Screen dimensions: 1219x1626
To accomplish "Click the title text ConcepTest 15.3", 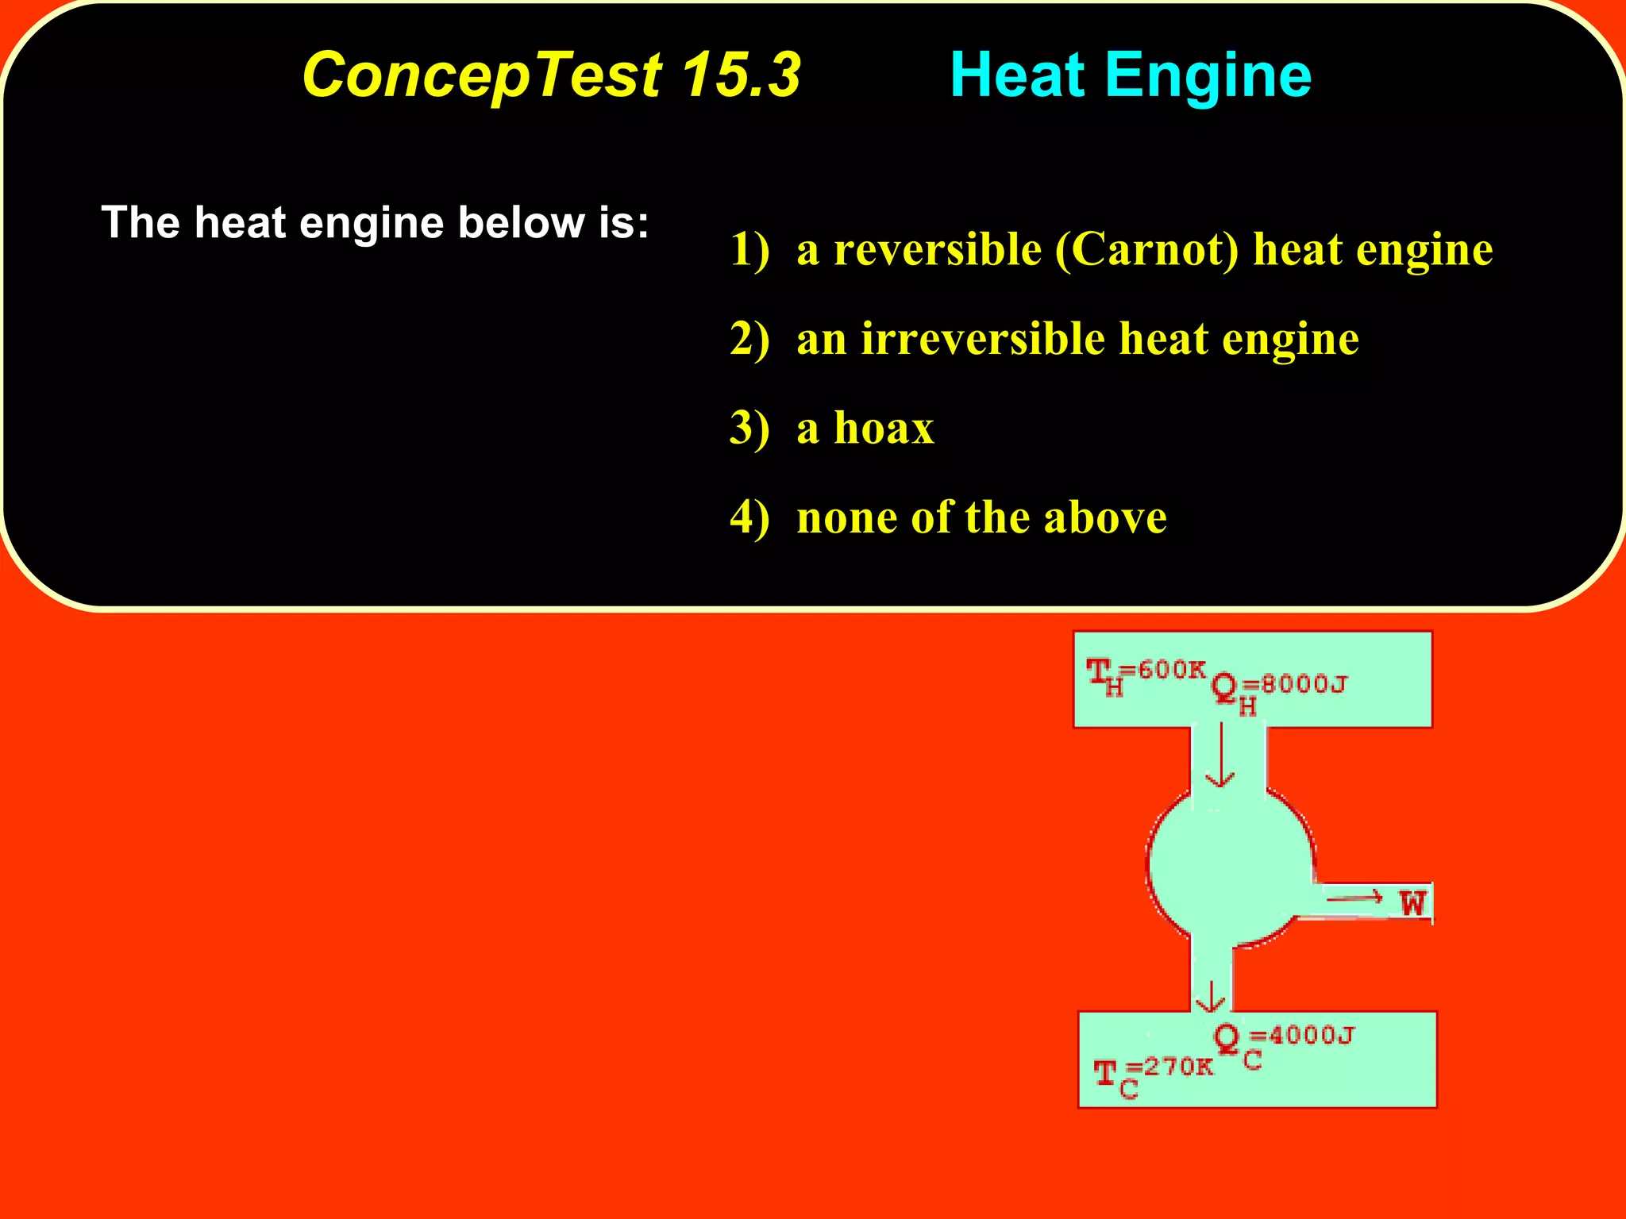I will [551, 75].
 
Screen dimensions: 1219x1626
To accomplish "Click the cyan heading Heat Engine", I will [1130, 75].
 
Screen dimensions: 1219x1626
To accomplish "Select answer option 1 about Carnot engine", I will [1111, 250].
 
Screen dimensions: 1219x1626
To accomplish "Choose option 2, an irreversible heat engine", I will [1044, 339].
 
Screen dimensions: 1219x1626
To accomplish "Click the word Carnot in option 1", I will [1146, 250].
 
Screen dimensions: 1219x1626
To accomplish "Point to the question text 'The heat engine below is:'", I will [375, 222].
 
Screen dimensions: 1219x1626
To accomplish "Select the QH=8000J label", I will [1279, 689].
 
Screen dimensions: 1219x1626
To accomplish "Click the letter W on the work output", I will [1412, 903].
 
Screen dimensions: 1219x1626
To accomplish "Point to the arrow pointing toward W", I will [1354, 898].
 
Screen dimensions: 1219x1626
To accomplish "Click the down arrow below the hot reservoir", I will [1220, 755].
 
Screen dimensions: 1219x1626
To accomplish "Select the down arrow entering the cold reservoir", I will [1211, 997].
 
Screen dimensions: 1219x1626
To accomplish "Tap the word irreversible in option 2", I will [983, 339].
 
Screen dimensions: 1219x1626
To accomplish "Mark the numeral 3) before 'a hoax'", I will [749, 429].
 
